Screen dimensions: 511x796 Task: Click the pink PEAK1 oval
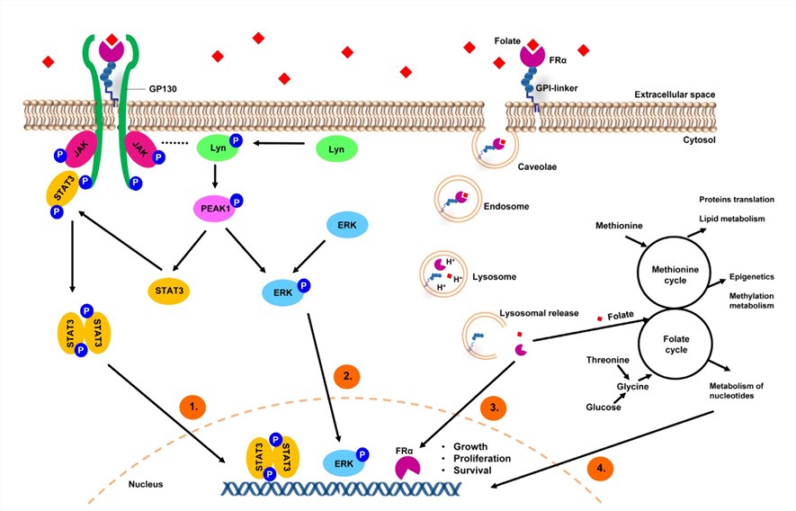216,210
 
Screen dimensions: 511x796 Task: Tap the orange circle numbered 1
193,408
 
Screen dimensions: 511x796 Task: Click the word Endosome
505,206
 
